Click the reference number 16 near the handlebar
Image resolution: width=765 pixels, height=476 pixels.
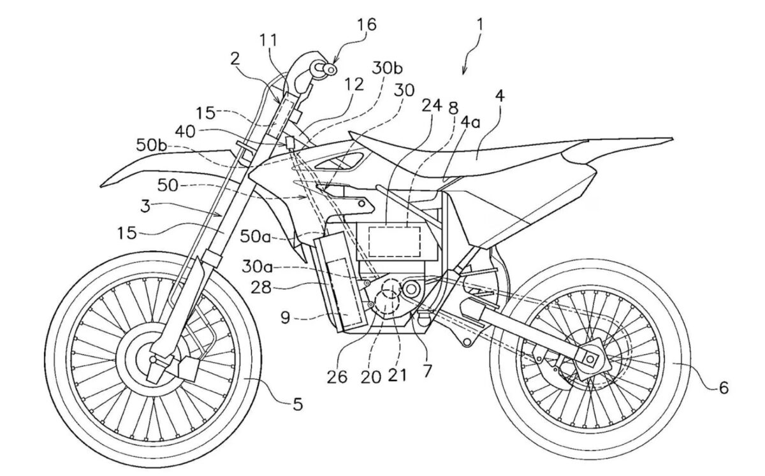pyautogui.click(x=367, y=25)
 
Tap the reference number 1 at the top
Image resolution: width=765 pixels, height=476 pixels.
pyautogui.click(x=479, y=25)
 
